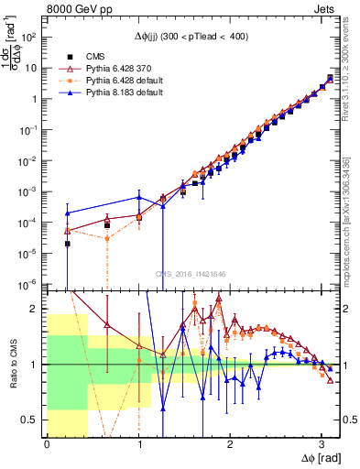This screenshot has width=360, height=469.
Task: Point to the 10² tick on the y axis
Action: tap(29, 38)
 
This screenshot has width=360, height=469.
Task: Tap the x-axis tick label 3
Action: tap(321, 444)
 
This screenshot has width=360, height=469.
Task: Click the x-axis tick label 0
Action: tap(47, 444)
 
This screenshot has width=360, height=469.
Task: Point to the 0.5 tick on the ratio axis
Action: tap(31, 420)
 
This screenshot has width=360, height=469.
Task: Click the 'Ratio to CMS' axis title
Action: tap(12, 364)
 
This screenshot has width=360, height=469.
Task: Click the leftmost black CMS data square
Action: tap(68, 244)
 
